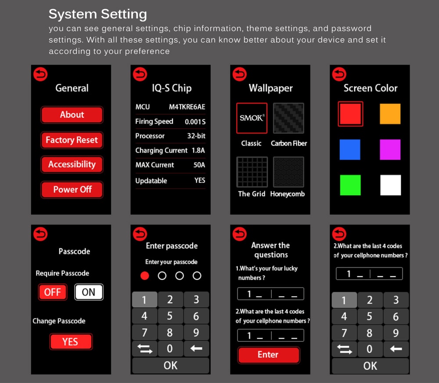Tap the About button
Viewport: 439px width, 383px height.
pyautogui.click(x=72, y=115)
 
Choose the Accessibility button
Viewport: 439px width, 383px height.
pyautogui.click(x=72, y=165)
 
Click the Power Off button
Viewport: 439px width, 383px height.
pyautogui.click(x=72, y=190)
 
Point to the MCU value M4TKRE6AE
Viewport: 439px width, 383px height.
pyautogui.click(x=187, y=107)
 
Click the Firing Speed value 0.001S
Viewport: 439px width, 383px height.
pyautogui.click(x=195, y=122)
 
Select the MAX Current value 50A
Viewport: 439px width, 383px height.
pyautogui.click(x=199, y=165)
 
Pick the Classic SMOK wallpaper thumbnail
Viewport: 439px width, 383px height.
pyautogui.click(x=252, y=118)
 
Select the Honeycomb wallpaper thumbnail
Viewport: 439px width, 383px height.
pyautogui.click(x=288, y=172)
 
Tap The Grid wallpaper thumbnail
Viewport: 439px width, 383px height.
pyautogui.click(x=252, y=172)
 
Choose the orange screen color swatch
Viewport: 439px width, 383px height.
pyautogui.click(x=390, y=114)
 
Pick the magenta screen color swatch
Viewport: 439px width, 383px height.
pyautogui.click(x=390, y=150)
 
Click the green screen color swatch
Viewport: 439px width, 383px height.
pyautogui.click(x=350, y=185)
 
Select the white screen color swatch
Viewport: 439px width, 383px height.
pyautogui.click(x=391, y=185)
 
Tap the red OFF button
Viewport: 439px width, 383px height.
pyautogui.click(x=53, y=292)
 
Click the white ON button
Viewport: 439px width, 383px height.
pyautogui.click(x=89, y=292)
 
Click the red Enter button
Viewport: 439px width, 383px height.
pyautogui.click(x=269, y=355)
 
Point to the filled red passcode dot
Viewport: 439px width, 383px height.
pyautogui.click(x=145, y=276)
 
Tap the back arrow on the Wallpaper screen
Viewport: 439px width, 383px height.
pyautogui.click(x=240, y=75)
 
